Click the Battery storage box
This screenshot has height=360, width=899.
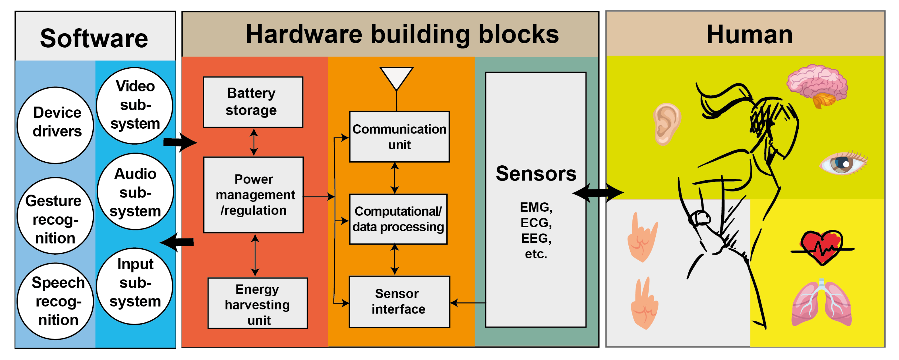253,102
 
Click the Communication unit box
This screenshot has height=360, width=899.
399,136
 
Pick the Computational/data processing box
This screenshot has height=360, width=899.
398,219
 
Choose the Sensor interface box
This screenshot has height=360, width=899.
399,302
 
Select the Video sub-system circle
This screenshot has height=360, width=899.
135,105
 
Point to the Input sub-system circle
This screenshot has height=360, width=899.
135,286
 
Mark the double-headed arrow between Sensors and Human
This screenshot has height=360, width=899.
598,192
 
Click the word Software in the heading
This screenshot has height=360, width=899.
94,38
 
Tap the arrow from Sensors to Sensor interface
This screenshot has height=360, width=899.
468,303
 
